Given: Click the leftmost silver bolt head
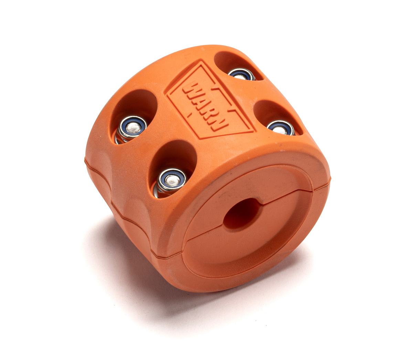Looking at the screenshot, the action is click(133, 127).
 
